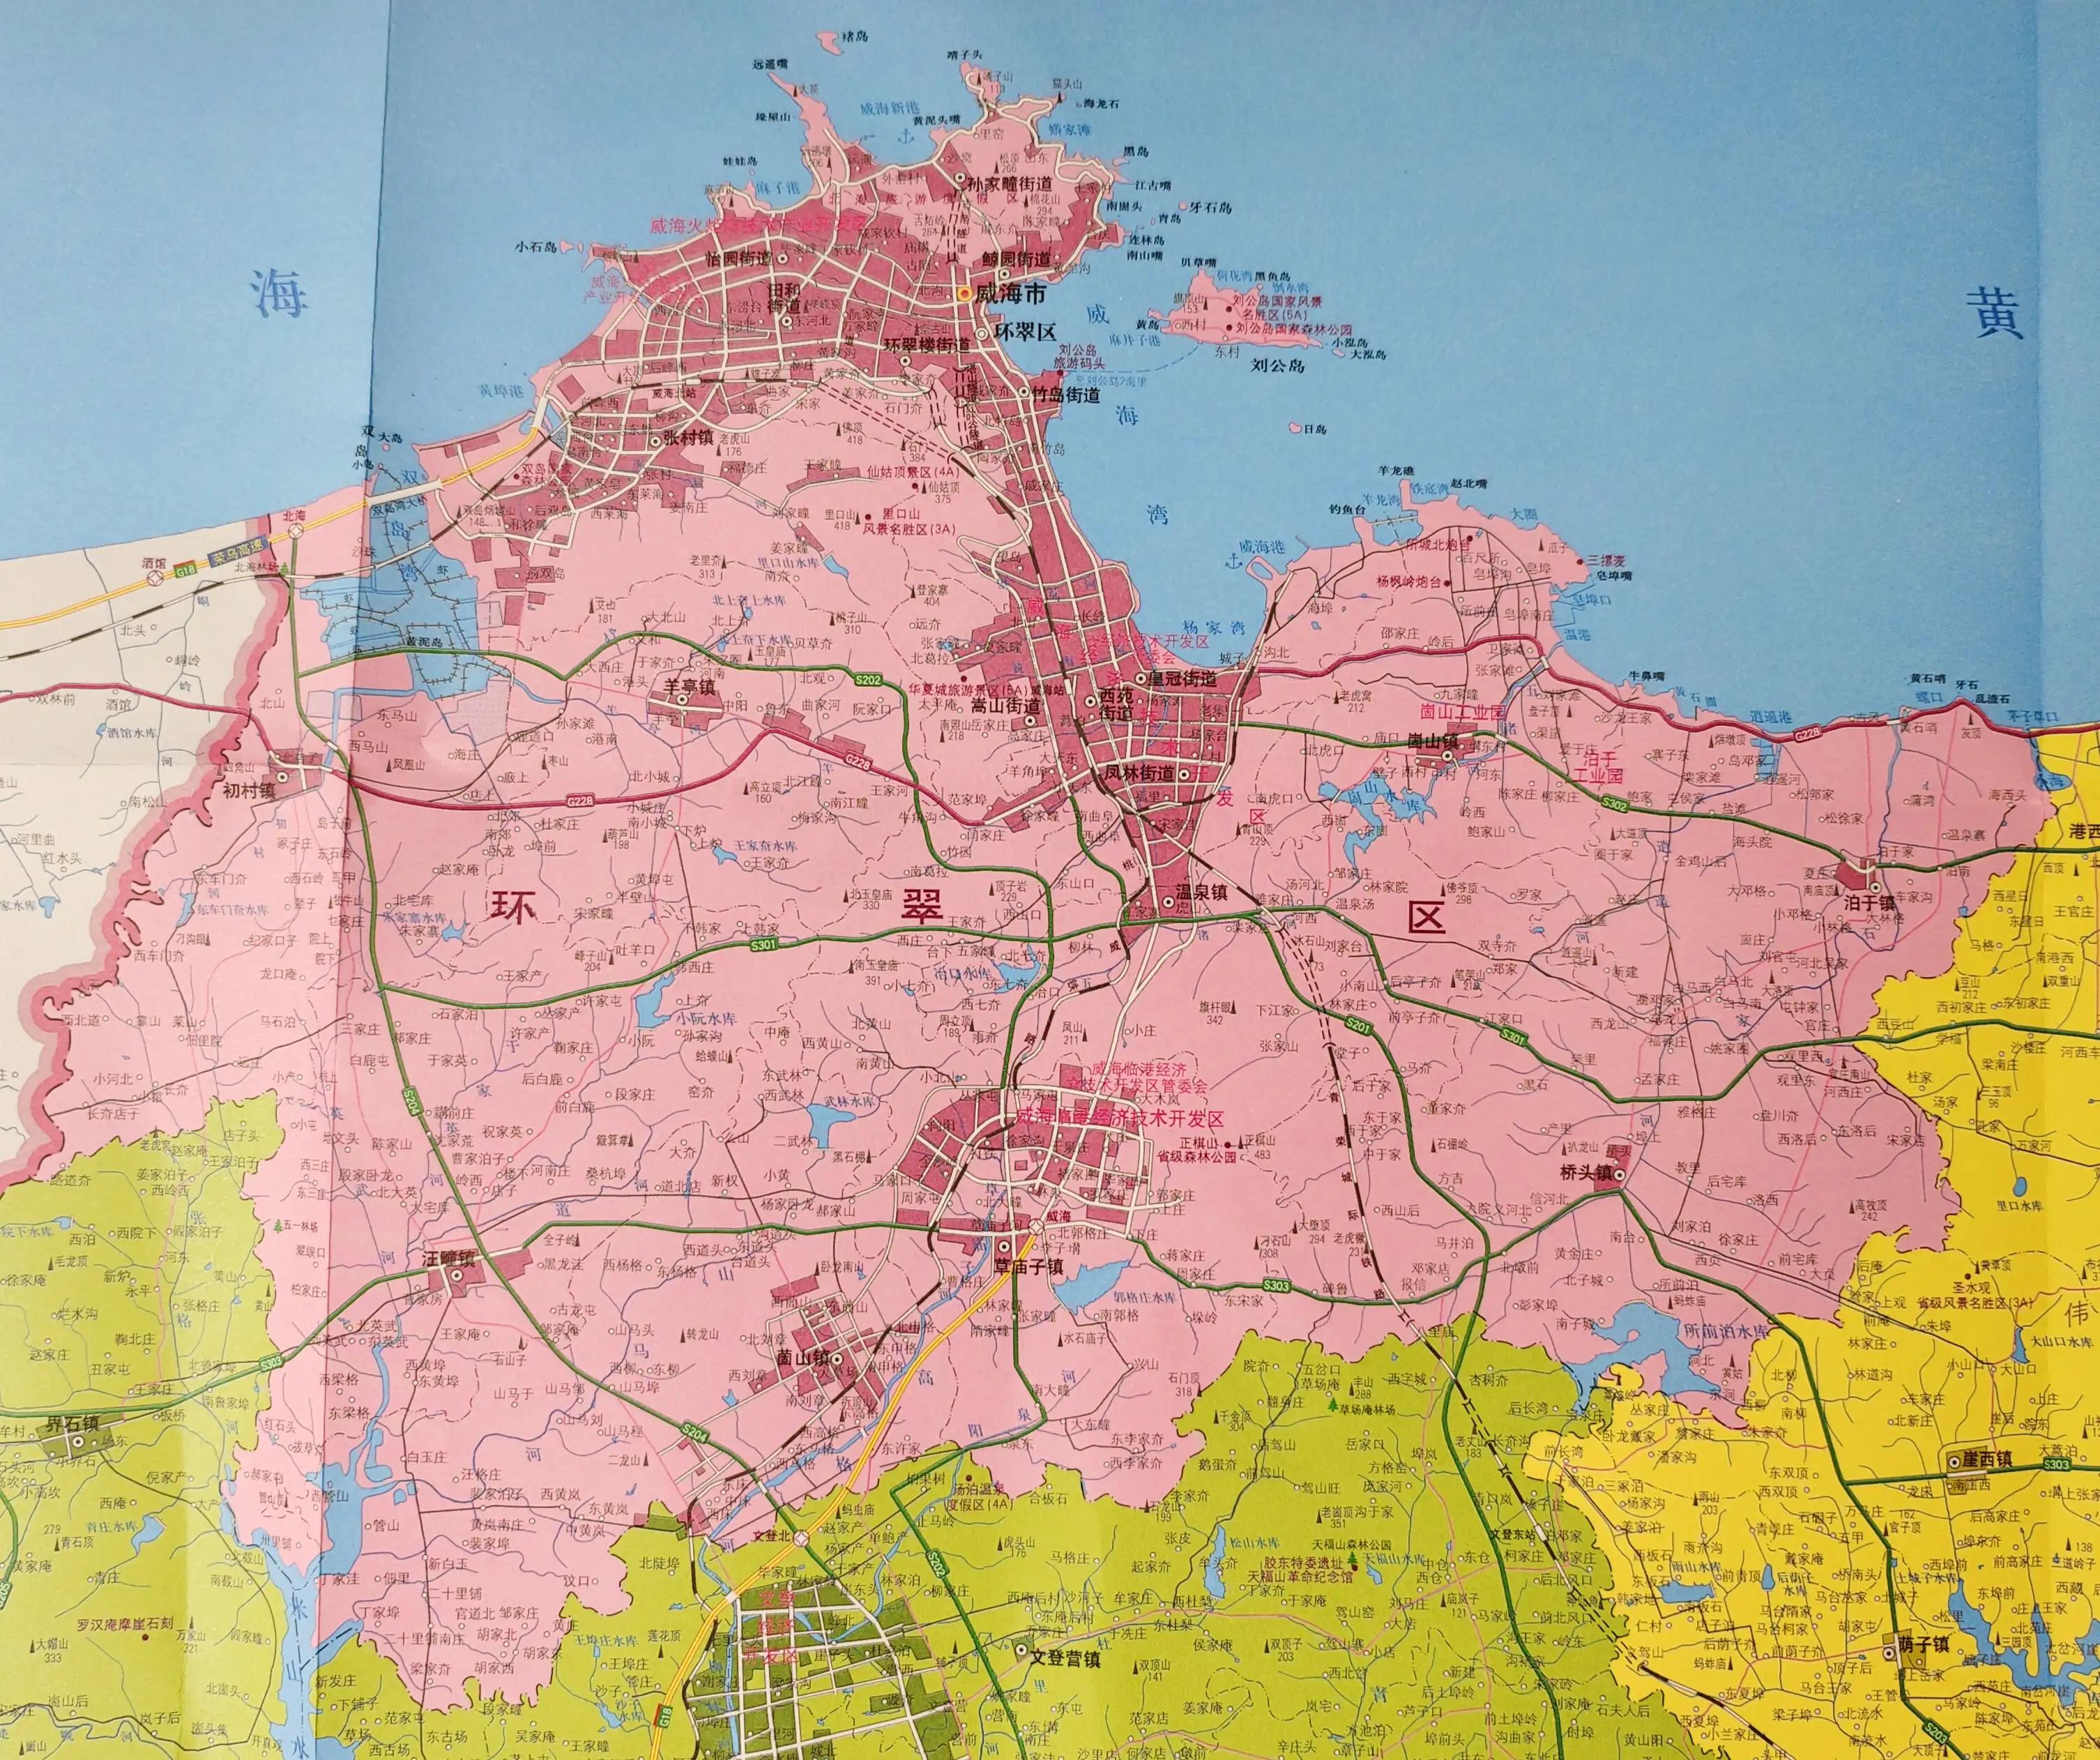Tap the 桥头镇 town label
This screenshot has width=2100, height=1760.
click(x=1587, y=1173)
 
